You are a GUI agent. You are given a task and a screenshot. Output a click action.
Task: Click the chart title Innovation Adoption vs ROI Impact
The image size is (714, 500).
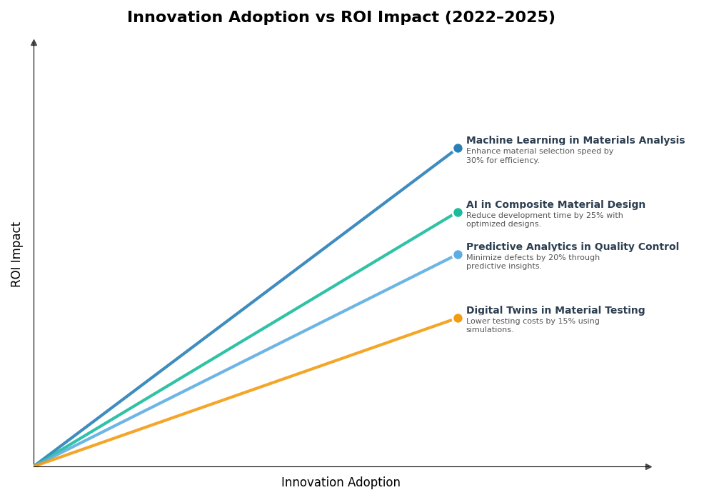341,18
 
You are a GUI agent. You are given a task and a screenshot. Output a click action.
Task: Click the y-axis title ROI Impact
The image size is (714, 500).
16,254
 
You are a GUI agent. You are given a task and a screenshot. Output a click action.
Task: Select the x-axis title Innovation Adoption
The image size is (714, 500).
341,483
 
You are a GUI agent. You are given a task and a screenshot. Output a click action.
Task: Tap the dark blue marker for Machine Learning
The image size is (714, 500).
458,149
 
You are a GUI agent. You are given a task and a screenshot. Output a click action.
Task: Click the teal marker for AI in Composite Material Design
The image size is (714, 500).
458,212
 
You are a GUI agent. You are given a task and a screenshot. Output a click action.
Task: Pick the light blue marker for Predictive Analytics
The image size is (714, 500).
458,254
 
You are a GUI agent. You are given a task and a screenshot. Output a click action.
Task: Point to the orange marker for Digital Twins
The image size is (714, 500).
458,318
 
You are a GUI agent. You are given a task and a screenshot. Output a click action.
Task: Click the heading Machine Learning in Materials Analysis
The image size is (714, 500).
575,141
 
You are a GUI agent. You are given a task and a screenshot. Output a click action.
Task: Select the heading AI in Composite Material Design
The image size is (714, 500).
555,205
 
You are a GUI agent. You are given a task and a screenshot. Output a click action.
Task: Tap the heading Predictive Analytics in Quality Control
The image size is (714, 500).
572,247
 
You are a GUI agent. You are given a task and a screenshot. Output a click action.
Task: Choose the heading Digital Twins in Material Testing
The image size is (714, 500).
555,311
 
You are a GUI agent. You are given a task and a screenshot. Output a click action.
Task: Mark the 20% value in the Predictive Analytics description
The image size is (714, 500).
558,258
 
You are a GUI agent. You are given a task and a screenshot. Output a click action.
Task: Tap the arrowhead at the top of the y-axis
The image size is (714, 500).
34,43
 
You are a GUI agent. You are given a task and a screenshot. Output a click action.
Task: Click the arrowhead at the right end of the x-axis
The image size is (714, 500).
648,466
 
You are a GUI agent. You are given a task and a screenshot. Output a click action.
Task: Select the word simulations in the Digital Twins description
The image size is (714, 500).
489,330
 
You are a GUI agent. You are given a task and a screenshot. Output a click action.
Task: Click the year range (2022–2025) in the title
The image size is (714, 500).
500,18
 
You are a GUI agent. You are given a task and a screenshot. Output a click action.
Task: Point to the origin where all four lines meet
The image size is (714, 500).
34,466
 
